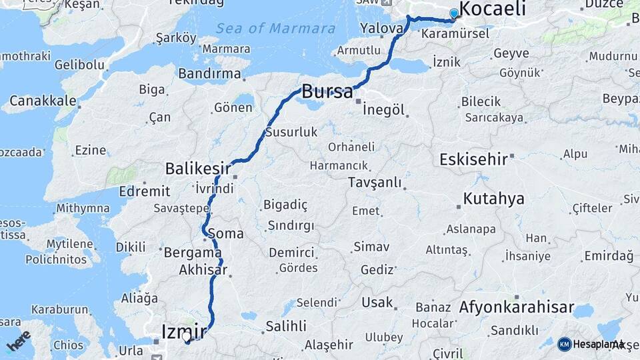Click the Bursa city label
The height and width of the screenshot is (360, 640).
(x=327, y=91)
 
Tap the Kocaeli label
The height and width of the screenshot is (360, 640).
(x=493, y=9)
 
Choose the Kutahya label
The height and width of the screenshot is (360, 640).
(x=493, y=198)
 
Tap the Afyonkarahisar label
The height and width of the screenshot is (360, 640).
(x=517, y=307)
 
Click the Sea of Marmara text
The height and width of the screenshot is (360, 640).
(x=275, y=29)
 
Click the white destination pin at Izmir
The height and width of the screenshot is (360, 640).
(x=187, y=337)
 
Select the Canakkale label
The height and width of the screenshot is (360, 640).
(x=43, y=101)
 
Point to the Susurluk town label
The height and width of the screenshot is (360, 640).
(x=291, y=132)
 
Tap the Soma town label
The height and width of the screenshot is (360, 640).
(x=225, y=234)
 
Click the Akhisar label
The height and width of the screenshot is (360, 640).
(x=203, y=271)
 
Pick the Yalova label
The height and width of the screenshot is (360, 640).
(x=381, y=28)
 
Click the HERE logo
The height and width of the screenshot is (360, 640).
(x=18, y=341)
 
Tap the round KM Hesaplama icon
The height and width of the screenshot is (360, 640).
(x=564, y=344)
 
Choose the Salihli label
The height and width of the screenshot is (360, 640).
(x=286, y=326)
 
